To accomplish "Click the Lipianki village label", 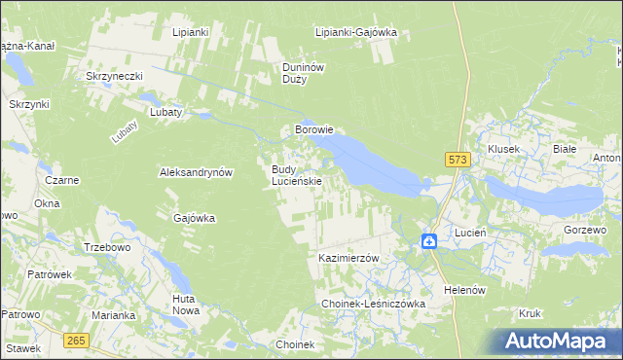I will tap(191, 32).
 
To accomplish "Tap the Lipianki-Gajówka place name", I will tap(356, 32).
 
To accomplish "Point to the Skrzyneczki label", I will tap(115, 76).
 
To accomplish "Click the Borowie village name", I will tap(314, 128).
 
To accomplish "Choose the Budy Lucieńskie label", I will tap(296, 175).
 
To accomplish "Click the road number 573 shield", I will tap(458, 159).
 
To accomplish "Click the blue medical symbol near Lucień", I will tap(429, 240).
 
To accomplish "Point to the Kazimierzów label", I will tap(348, 258).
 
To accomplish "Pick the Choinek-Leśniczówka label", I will tap(374, 305).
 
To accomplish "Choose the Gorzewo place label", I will tap(585, 229).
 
